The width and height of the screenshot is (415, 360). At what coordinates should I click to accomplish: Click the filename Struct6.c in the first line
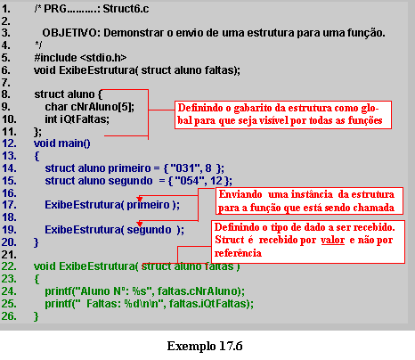(x=126, y=9)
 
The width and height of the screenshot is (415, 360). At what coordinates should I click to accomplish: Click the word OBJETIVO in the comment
(x=69, y=33)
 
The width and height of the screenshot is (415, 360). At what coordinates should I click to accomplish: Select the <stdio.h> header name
(x=103, y=57)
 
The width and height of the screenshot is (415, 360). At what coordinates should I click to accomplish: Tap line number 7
(x=5, y=82)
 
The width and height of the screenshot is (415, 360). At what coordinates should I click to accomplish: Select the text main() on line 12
(x=74, y=143)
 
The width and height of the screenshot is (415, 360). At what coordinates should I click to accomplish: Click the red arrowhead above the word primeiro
(x=140, y=199)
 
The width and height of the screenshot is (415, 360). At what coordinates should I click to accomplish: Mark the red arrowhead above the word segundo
(x=140, y=224)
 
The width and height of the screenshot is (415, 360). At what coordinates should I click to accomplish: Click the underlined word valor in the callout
(x=332, y=240)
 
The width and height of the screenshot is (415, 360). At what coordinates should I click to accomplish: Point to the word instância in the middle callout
(x=312, y=194)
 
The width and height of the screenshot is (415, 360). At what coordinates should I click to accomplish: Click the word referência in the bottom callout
(x=238, y=253)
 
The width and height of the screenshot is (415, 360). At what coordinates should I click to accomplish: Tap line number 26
(x=9, y=316)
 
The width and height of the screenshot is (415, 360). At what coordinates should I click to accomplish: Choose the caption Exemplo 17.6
(x=205, y=346)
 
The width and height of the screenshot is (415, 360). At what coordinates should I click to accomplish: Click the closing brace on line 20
(x=37, y=242)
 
